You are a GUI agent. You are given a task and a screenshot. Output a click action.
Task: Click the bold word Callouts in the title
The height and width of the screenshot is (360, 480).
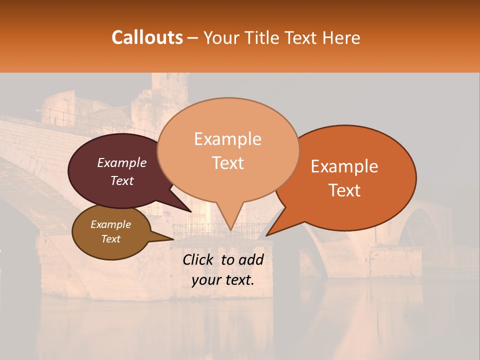147,37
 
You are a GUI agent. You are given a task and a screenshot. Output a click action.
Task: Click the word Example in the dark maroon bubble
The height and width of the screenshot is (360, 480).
122,162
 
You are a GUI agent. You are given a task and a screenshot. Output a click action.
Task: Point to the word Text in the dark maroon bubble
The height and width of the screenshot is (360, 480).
122,180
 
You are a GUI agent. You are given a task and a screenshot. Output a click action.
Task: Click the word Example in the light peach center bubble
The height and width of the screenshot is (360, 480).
227,139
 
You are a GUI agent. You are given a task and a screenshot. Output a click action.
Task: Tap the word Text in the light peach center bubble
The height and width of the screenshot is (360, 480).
227,163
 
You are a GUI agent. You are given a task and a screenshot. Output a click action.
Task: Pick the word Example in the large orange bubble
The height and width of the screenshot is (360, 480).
344,166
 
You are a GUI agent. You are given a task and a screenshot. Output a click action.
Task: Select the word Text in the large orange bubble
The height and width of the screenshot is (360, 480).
344,190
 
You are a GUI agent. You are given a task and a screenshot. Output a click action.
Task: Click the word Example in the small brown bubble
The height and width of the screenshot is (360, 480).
110,224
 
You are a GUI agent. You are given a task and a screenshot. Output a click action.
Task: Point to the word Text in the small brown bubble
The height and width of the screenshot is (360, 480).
110,239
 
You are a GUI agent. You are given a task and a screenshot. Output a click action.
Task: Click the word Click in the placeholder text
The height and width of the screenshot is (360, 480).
199,259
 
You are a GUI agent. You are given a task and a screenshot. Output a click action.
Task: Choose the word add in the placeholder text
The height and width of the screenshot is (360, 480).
251,259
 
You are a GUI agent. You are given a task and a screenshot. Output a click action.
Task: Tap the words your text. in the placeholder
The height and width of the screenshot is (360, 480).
222,280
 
